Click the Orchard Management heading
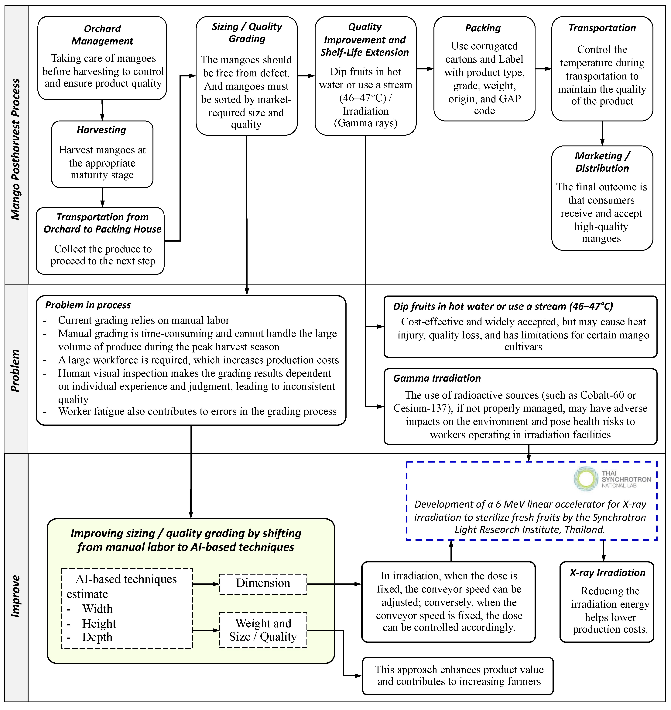click(102, 35)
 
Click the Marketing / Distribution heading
click(602, 162)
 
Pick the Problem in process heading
click(88, 305)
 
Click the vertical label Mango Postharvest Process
click(16, 149)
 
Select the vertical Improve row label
click(16, 596)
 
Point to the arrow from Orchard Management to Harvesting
click(102, 110)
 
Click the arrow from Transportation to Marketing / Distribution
click(602, 133)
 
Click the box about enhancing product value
click(458, 676)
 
